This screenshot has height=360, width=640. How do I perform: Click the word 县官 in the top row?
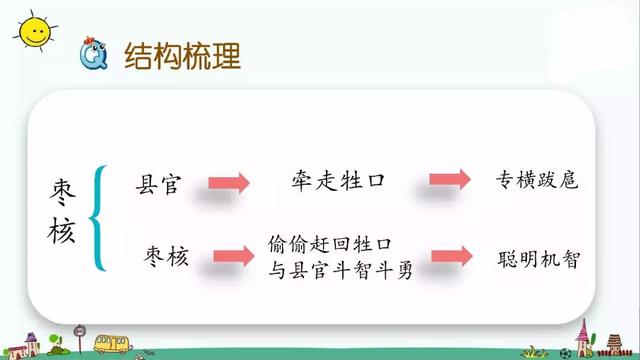pos(162,183)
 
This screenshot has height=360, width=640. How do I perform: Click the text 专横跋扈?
pos(537,183)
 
